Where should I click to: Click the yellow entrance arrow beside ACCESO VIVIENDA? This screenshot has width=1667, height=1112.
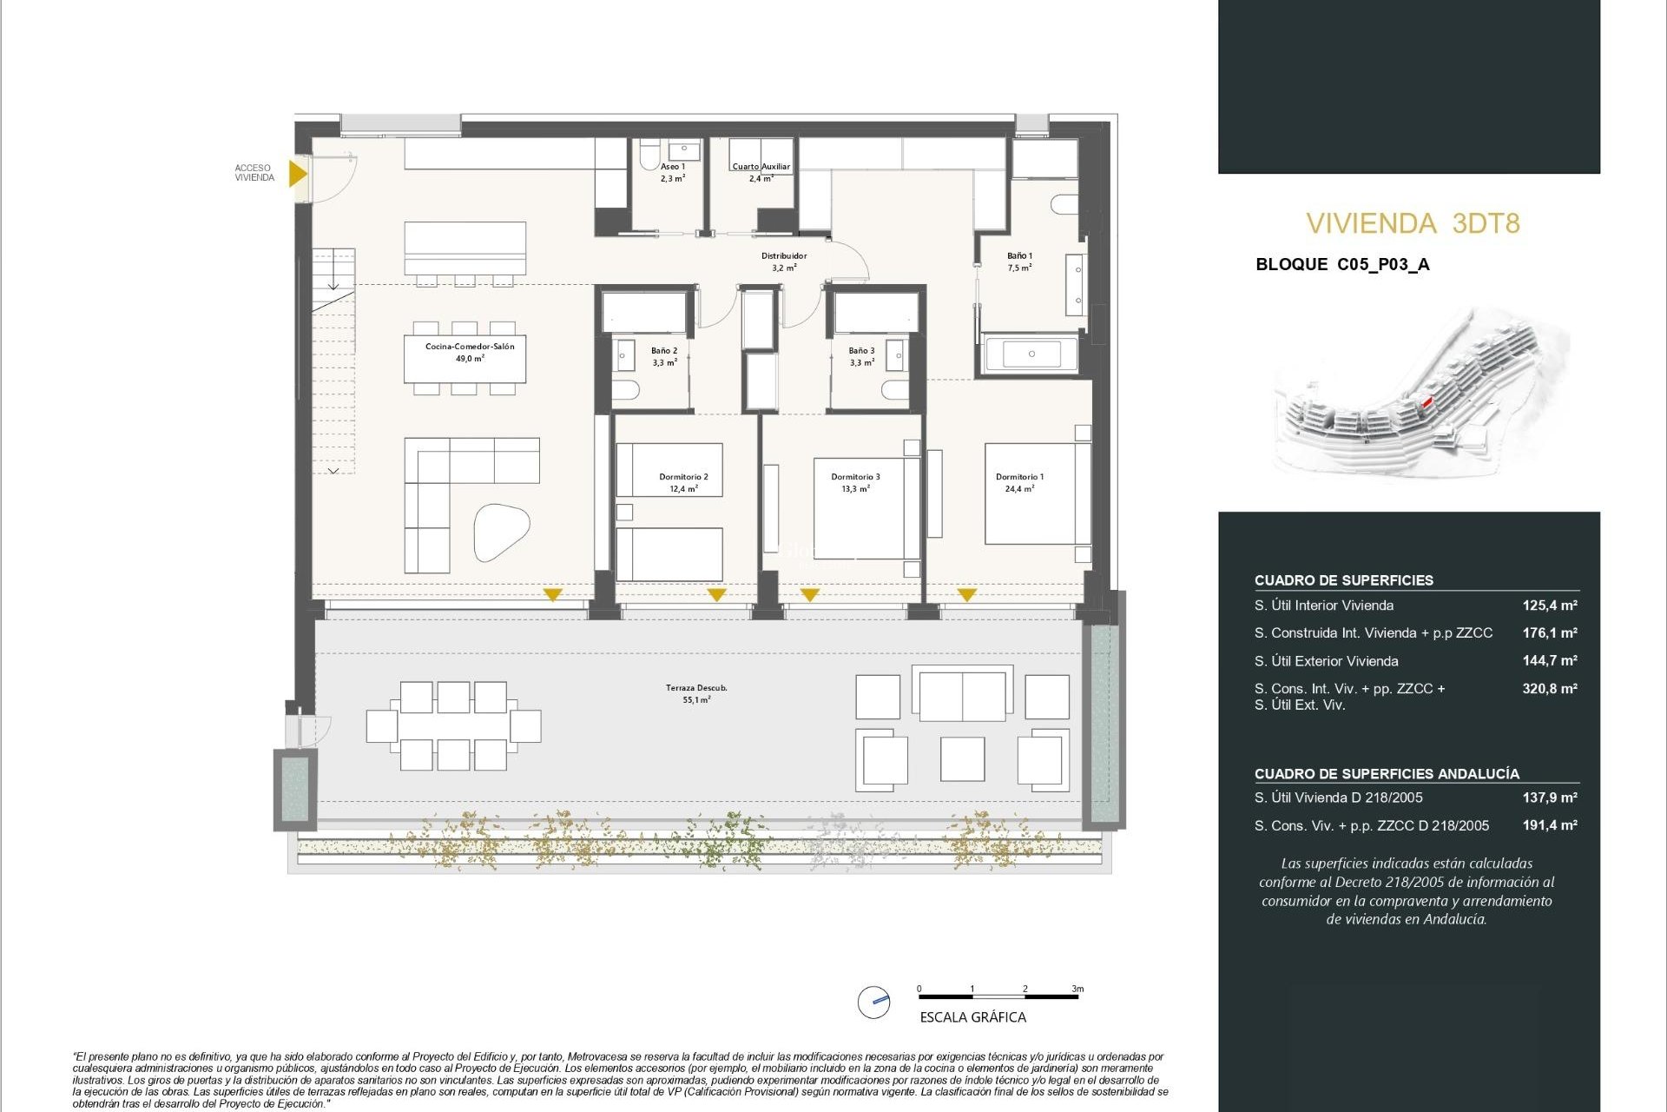click(297, 173)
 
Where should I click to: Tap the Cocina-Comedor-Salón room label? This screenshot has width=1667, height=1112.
click(470, 347)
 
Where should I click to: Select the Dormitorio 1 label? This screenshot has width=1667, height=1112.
click(1019, 477)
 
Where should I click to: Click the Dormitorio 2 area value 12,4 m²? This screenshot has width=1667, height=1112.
click(683, 489)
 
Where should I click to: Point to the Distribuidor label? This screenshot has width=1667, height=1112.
click(784, 256)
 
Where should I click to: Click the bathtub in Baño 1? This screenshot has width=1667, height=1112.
click(1031, 354)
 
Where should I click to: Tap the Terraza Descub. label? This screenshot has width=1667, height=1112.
click(696, 688)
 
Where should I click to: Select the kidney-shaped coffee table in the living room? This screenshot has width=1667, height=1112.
click(501, 531)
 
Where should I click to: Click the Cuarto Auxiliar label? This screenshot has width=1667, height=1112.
click(761, 167)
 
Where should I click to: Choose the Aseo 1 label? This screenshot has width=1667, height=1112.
click(672, 167)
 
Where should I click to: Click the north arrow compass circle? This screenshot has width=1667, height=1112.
click(873, 1002)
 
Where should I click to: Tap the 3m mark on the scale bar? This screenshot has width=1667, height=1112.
click(1077, 990)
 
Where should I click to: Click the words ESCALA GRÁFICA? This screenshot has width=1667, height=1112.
click(972, 1017)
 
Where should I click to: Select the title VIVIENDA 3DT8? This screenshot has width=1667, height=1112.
click(1413, 223)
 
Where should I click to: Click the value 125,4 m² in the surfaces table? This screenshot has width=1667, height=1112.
click(1549, 606)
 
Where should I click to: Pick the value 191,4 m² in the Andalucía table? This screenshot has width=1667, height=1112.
click(1549, 825)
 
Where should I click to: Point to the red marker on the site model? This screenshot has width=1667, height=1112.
click(1426, 403)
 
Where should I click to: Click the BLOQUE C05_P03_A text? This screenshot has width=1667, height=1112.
click(1342, 265)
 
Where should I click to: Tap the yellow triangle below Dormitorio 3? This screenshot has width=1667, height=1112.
click(809, 595)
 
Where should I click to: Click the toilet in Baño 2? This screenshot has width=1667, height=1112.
click(625, 388)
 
